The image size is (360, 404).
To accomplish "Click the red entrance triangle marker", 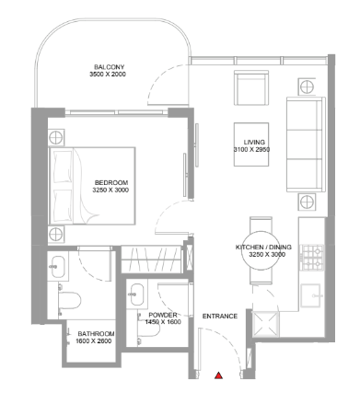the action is point(218,375).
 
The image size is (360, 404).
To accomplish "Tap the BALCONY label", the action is point(110,67).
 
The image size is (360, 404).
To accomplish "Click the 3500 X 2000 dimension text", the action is point(108,75).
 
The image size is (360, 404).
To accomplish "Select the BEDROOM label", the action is point(111,182).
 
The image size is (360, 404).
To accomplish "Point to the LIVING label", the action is point(254,142).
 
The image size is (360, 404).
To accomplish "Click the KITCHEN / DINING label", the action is point(263,247).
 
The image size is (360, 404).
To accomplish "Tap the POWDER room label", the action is point(163,315).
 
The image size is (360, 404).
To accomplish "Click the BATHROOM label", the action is point(96,334).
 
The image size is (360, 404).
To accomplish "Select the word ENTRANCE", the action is point(220,316).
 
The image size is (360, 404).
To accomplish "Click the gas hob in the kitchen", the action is point(312,258).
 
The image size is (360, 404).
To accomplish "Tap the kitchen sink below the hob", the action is point(310,295).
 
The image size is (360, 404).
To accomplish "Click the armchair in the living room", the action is point(251,88).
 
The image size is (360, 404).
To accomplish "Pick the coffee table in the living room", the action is point(251,144).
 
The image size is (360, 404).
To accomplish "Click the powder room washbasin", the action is point(136,294).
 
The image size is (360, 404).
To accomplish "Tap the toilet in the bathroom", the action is point(69,300).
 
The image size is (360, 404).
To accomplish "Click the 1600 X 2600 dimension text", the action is point(94,341).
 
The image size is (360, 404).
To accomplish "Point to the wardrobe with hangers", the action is point(151,260).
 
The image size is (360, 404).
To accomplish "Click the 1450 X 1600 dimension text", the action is point(163,322).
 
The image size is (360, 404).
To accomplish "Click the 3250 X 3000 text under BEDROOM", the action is point(110,190).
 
